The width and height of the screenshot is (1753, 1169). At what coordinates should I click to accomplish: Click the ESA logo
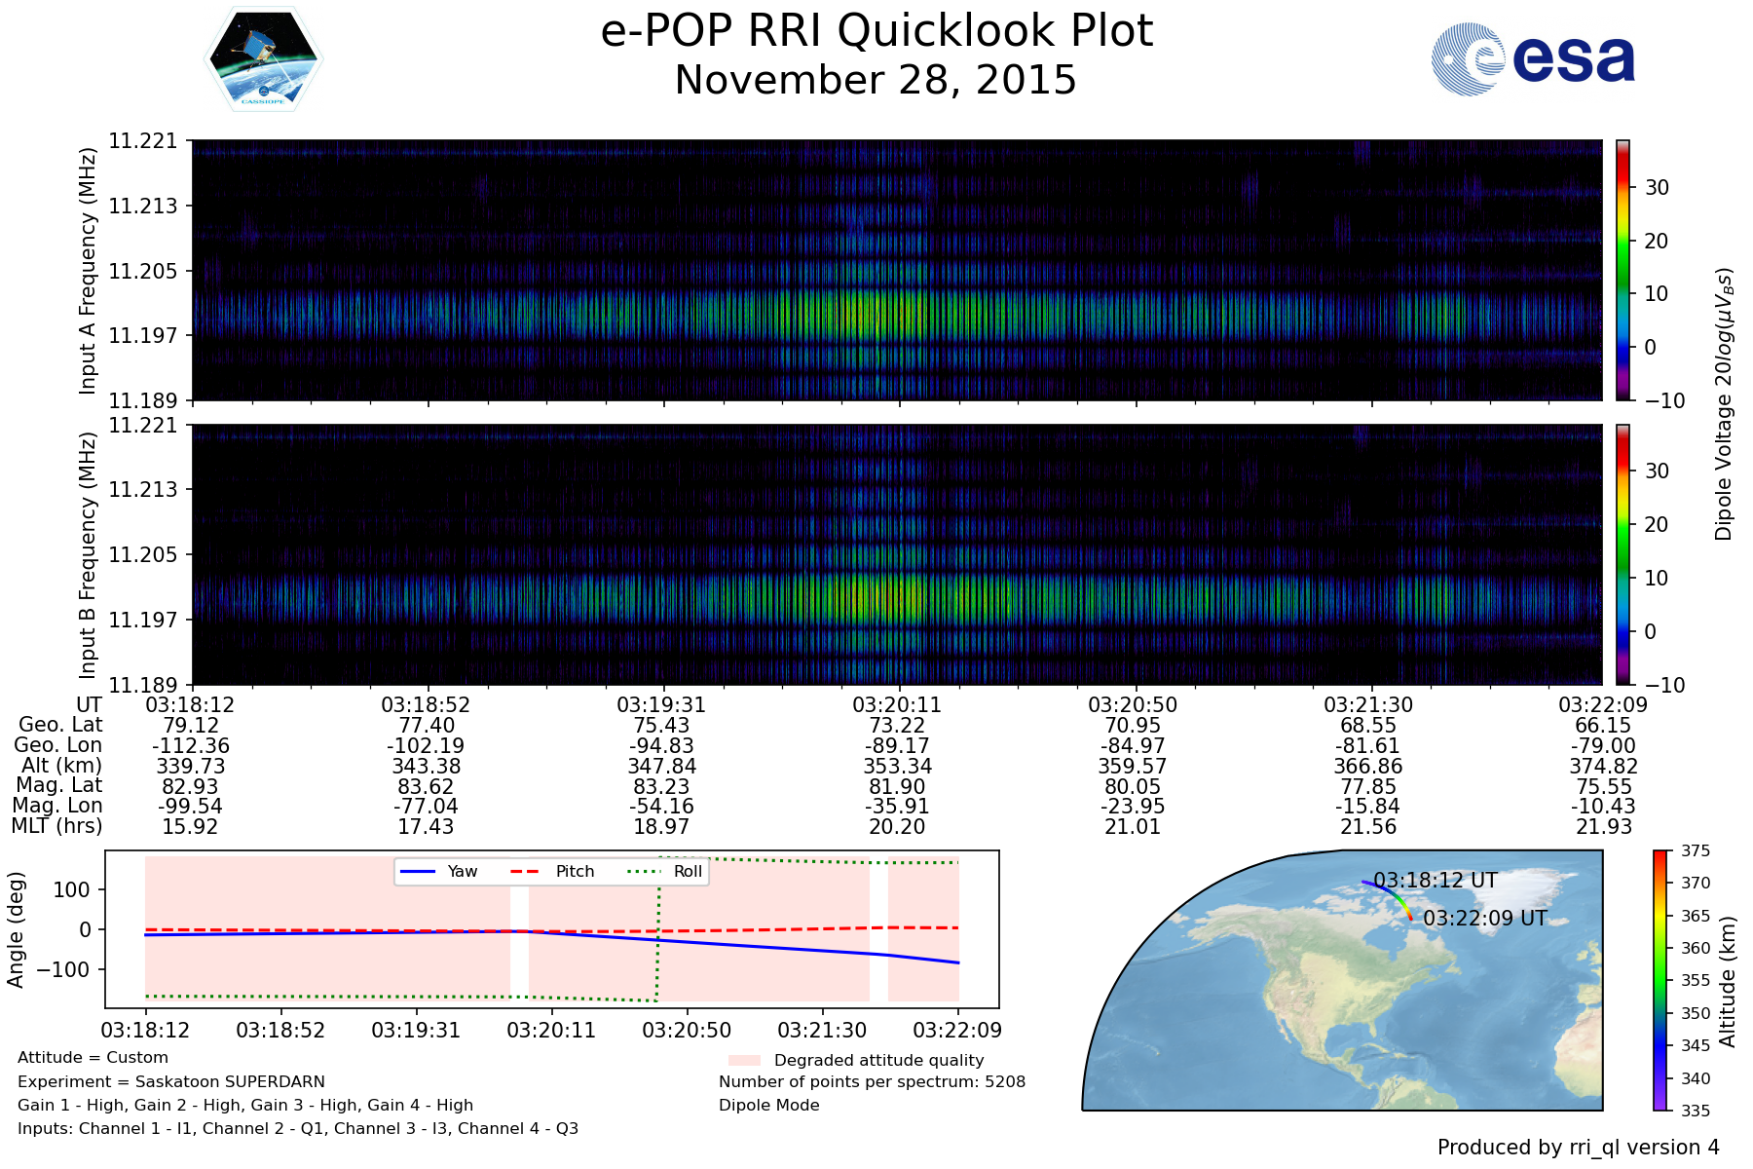[1533, 59]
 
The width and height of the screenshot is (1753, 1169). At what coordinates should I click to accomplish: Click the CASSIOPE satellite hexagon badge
[263, 58]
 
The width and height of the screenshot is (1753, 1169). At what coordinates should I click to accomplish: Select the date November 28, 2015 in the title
[876, 81]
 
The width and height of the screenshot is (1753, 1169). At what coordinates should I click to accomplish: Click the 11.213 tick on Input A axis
[143, 206]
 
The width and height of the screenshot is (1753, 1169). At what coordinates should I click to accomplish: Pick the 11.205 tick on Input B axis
[143, 554]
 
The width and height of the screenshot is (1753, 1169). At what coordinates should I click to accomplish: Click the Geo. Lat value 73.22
[898, 726]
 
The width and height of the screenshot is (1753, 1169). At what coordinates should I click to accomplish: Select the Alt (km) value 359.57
[1133, 767]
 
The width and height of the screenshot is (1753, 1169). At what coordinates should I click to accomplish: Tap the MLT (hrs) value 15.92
[190, 827]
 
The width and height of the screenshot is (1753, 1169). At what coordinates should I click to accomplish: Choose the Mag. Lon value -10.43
[1603, 807]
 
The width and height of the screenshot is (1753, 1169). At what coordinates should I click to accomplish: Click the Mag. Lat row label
[59, 786]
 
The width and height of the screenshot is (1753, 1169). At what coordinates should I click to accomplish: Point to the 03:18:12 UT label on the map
[1436, 881]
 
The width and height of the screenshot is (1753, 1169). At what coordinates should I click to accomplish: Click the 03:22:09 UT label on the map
[1485, 919]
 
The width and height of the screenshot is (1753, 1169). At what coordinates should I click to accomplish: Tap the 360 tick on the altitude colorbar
[1696, 948]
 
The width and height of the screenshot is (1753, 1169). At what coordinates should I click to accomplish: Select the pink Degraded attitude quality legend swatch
[744, 1060]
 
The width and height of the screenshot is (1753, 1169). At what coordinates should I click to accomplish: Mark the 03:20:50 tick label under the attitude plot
[687, 1030]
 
